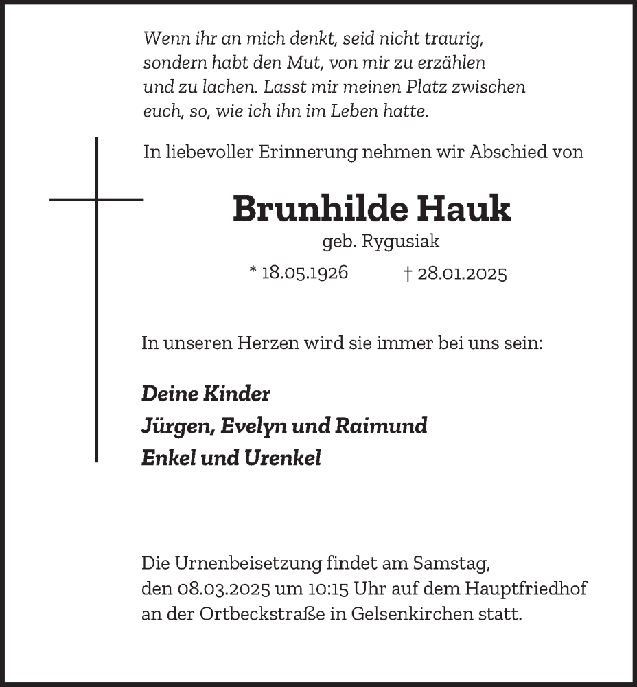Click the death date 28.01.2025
pyautogui.click(x=462, y=275)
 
